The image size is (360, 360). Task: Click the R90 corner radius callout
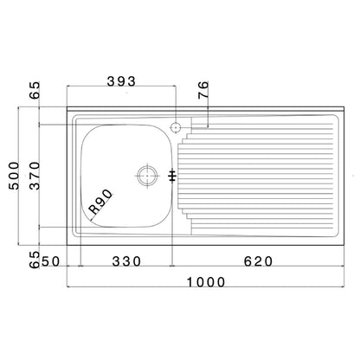101,208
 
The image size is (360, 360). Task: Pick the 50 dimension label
51,261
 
